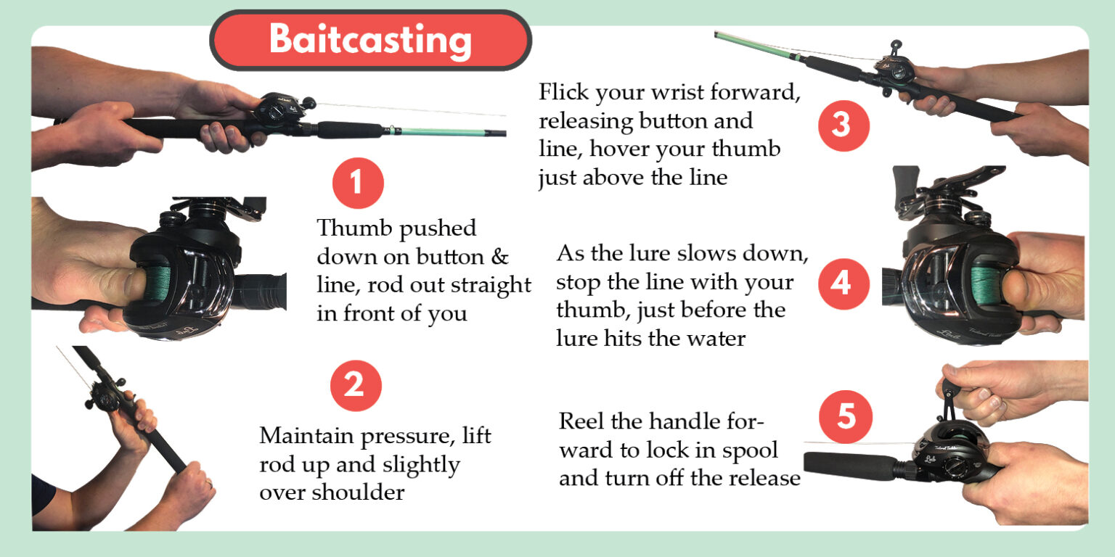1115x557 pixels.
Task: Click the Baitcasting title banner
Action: pyautogui.click(x=370, y=40)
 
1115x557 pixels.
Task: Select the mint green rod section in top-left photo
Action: pyautogui.click(x=436, y=131)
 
